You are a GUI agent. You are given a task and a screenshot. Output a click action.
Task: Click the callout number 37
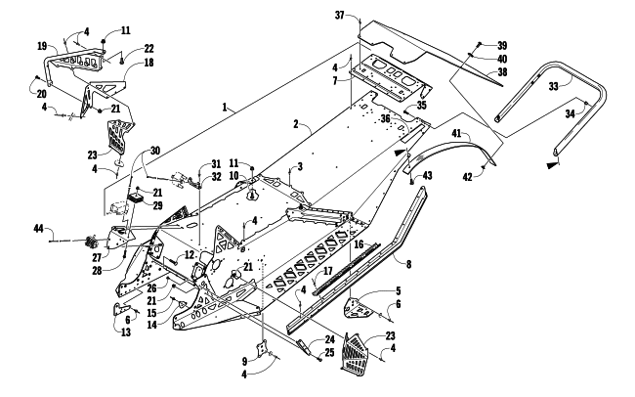tap(339, 16)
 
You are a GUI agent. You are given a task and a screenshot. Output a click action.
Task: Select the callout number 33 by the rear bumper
tap(554, 86)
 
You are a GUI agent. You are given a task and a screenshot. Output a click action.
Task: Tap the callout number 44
tap(38, 229)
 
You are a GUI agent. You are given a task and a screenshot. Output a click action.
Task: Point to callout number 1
tap(225, 107)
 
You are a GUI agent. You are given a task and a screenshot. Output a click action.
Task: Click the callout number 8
tap(408, 264)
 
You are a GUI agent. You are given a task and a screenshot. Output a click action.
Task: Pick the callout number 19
tap(42, 46)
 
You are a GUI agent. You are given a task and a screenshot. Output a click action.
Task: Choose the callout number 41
tap(456, 133)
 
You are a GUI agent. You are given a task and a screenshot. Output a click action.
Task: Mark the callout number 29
tap(157, 205)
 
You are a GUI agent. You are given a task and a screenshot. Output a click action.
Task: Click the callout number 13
tap(126, 332)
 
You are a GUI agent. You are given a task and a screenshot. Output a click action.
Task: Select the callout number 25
tap(329, 352)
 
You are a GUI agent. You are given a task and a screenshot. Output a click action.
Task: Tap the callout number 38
tap(502, 72)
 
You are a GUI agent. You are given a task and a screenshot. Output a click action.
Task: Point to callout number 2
tap(296, 124)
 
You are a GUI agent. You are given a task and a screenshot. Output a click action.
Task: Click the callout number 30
tap(155, 151)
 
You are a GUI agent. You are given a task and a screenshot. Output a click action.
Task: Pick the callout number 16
tap(359, 244)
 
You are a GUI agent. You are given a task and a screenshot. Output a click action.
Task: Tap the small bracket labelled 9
tap(263, 348)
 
